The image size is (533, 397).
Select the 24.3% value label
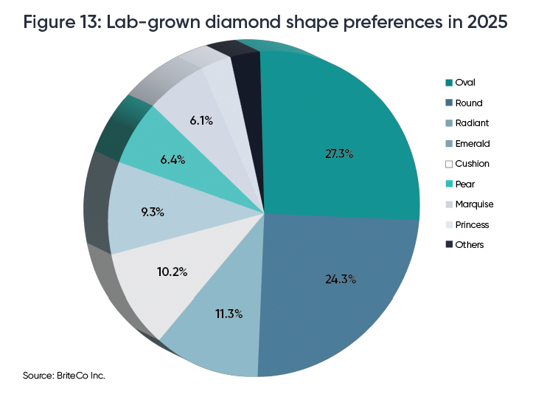tap(341, 279)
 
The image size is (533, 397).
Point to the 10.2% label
tap(172, 272)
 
